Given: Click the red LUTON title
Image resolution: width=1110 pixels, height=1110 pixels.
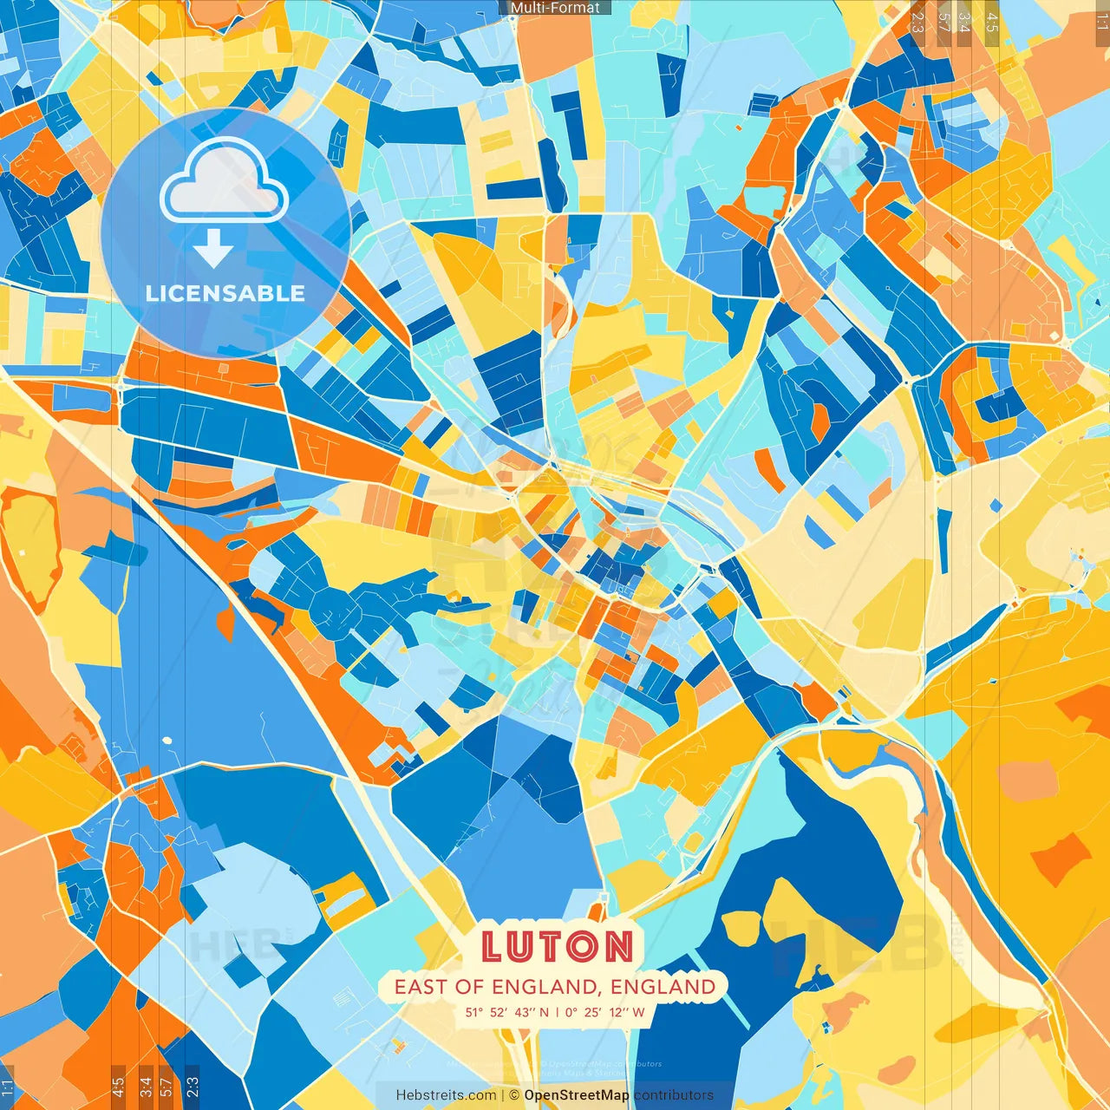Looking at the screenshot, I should click(557, 946).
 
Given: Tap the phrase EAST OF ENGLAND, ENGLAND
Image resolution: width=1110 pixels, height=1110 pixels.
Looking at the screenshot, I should click(555, 987).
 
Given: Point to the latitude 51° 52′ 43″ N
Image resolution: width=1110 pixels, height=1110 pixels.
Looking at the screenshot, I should click(506, 1012).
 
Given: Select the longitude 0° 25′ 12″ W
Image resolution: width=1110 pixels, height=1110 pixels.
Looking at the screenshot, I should click(605, 1012).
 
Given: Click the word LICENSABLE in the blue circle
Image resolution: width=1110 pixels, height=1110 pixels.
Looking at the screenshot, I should click(225, 293).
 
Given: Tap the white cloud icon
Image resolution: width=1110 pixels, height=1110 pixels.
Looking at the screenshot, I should click(225, 181).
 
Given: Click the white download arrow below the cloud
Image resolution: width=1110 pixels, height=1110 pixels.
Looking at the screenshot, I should click(213, 249).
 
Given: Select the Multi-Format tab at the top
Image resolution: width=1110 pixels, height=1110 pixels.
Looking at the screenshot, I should click(555, 8).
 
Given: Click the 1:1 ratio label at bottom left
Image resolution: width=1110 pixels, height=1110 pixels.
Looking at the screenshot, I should click(7, 1087).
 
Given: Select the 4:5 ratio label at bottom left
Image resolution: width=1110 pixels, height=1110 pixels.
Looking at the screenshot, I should click(118, 1087).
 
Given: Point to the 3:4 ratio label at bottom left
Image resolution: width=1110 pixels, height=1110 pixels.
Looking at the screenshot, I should click(146, 1087).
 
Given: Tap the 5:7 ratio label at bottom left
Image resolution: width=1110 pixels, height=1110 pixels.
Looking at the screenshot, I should click(166, 1087).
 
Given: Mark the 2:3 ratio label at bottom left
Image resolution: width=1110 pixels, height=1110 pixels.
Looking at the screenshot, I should click(193, 1087).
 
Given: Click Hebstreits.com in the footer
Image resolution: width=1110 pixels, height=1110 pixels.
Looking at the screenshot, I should click(446, 1095).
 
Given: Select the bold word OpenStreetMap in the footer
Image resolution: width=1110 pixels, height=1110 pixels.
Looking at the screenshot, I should click(577, 1095).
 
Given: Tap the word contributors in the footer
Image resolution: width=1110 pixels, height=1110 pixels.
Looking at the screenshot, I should click(674, 1095).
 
